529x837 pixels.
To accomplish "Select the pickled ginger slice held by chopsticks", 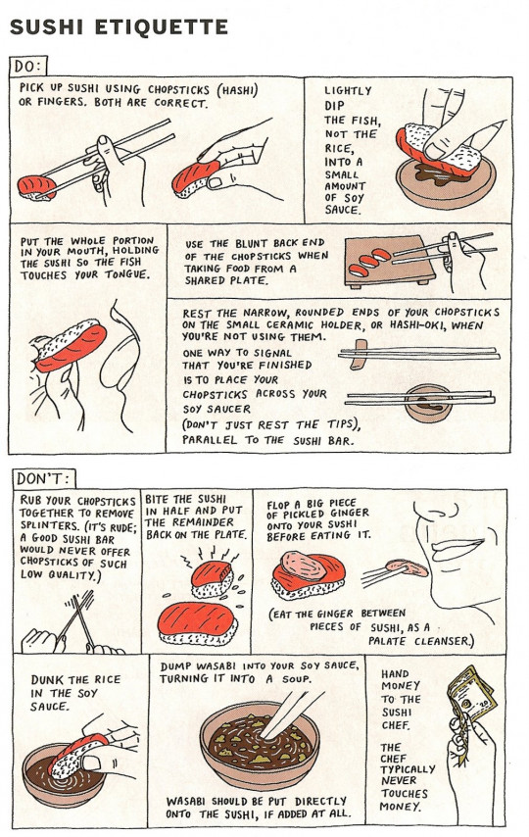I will pos(402,567).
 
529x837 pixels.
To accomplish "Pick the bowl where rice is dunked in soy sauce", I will pos(55,773).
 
